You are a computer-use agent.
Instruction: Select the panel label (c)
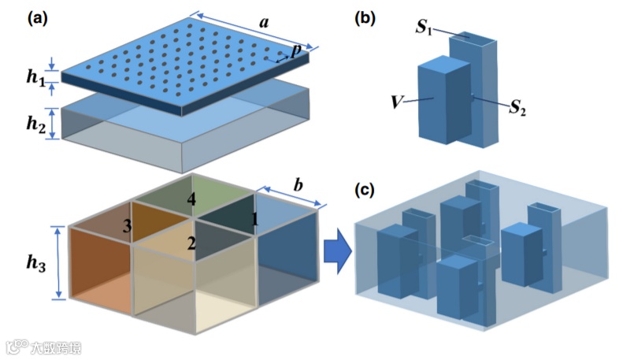365,191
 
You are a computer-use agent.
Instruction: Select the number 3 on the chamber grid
125,226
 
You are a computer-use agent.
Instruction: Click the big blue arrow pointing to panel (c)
336,253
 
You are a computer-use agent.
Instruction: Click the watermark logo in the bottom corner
15,347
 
